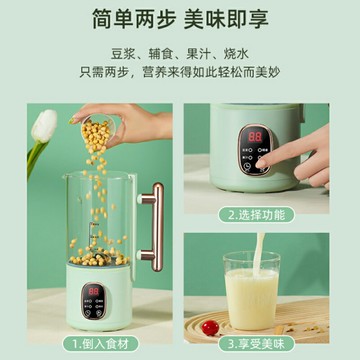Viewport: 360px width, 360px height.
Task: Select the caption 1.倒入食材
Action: click(97, 343)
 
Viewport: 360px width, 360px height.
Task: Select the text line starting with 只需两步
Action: click(181, 74)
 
